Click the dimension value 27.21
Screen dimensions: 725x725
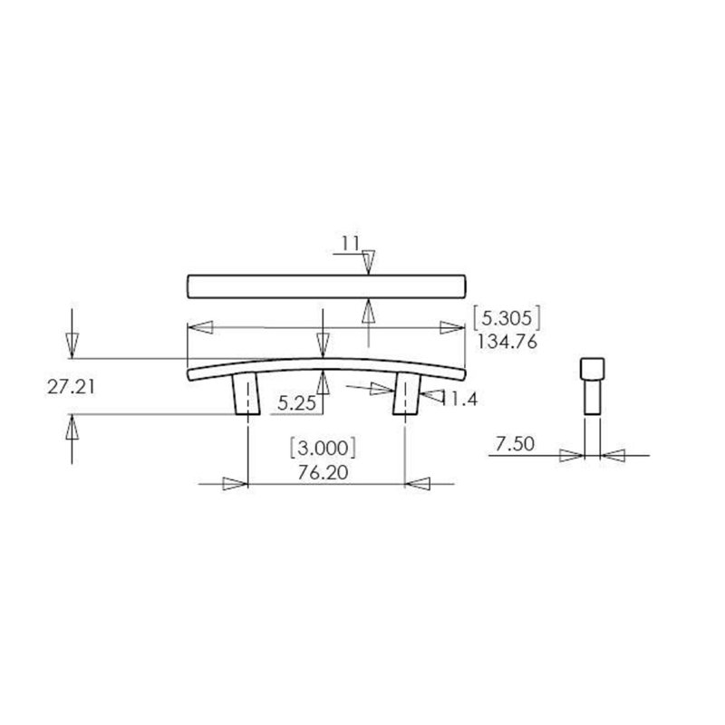71,387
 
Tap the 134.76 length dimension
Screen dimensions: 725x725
507,342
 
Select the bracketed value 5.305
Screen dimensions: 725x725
507,318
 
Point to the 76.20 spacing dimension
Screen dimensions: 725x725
323,472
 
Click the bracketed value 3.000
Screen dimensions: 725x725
323,448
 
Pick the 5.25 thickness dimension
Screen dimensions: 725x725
296,403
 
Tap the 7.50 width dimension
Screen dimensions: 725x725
515,444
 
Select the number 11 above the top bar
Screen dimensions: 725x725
350,243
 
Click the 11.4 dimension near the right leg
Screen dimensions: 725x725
459,398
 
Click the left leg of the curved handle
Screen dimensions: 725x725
246,393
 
